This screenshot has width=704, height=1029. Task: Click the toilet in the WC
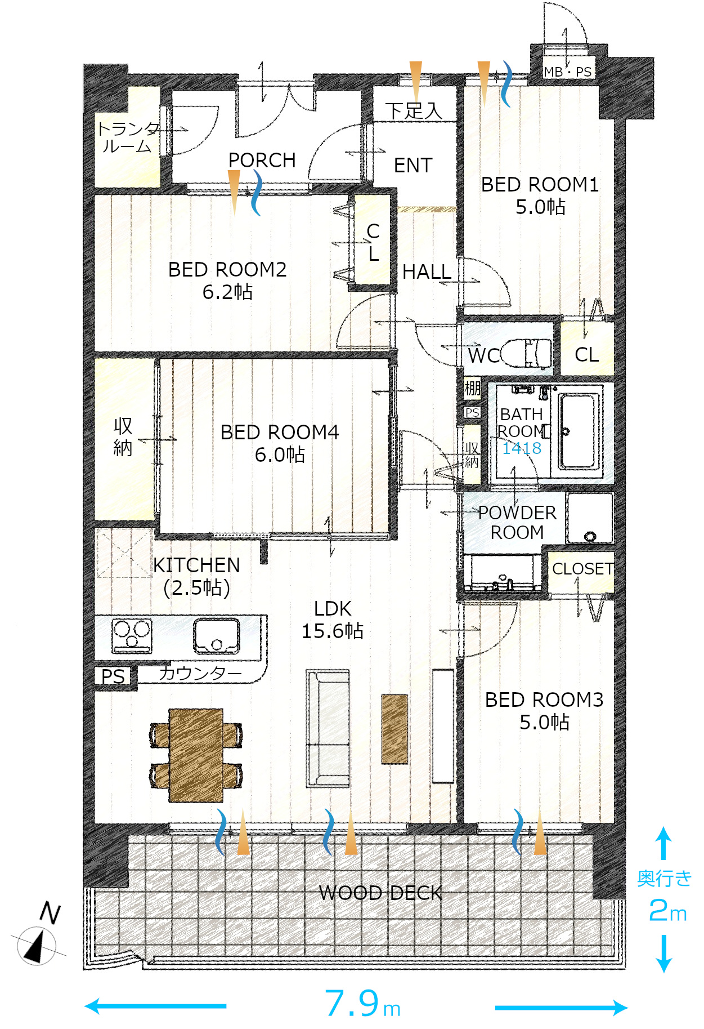pos(526,353)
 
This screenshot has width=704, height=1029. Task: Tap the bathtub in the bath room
pos(577,431)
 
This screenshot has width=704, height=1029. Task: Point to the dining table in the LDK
pos(196,755)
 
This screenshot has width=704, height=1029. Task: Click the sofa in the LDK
pos(328,728)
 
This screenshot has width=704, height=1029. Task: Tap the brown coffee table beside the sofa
pos(394,729)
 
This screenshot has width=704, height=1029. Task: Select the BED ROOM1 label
pos(540,195)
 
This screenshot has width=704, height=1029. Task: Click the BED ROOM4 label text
pos(280,443)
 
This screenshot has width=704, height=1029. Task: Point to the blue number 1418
pos(522,448)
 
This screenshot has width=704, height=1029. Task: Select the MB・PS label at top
pos(567,72)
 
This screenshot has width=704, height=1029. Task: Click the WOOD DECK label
pos(380,893)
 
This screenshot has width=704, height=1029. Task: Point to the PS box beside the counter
pos(113,676)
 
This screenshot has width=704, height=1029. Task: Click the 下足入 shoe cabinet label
pos(414,110)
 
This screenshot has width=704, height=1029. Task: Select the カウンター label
pos(200,673)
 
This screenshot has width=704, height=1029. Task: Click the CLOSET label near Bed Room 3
pos(582,569)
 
